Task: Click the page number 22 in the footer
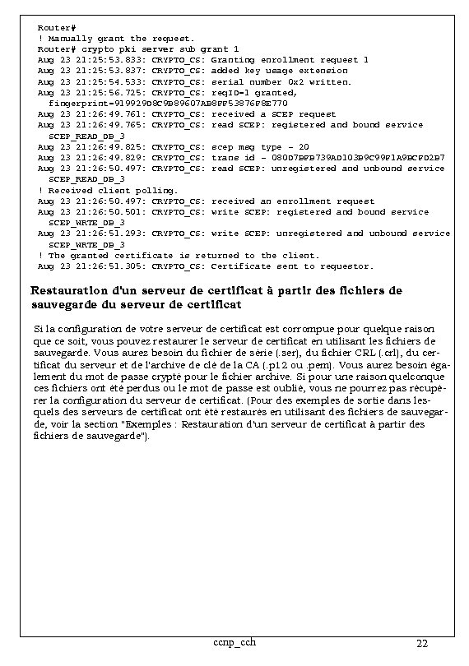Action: (422, 643)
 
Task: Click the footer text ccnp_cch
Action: (234, 641)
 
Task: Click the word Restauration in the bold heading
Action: (68, 290)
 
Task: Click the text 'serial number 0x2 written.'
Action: (281, 81)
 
